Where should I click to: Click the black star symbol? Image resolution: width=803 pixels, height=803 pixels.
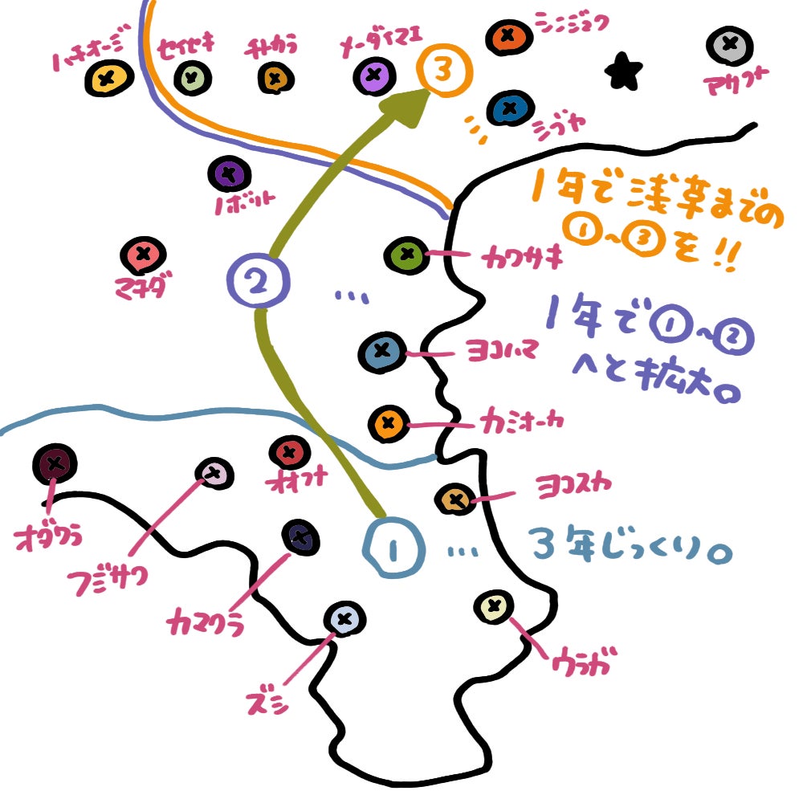[x=624, y=72]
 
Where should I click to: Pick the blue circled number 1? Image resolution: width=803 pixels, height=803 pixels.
[x=393, y=549]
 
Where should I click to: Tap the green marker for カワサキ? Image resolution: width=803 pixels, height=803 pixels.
[x=407, y=255]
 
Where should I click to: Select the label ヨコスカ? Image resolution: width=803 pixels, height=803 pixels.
[x=573, y=485]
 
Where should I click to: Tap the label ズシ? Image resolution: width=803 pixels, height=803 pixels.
[x=267, y=704]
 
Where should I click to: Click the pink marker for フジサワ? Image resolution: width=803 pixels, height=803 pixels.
[x=213, y=474]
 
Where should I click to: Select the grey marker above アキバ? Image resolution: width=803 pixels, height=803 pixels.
[x=729, y=46]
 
